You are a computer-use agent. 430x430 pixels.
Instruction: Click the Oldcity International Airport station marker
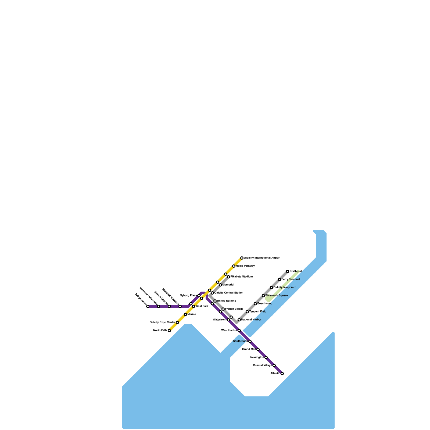(x=242, y=258)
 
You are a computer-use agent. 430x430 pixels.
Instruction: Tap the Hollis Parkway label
(x=245, y=266)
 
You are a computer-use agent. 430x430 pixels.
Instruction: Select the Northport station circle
(x=288, y=271)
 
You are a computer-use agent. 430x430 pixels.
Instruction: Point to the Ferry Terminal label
(x=291, y=279)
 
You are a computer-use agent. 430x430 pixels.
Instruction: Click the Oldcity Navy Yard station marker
(x=271, y=288)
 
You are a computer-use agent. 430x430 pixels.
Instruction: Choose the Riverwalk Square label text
(x=277, y=296)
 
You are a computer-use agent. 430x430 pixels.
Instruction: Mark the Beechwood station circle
(x=255, y=304)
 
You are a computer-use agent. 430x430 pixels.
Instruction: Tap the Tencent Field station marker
(x=247, y=312)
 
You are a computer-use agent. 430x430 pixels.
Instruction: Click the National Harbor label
(x=251, y=320)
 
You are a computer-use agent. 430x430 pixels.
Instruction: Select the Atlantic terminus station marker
(x=282, y=374)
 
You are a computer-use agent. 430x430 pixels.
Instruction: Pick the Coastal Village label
(x=263, y=365)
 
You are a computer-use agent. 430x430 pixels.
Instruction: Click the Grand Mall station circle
(x=258, y=349)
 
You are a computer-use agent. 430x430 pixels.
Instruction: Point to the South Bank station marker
(x=250, y=341)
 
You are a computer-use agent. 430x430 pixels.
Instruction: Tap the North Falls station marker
(x=169, y=331)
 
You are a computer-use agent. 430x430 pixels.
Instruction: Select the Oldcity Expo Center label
(x=162, y=322)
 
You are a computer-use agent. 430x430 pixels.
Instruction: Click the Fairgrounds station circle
(x=148, y=306)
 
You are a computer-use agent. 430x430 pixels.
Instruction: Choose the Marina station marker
(x=185, y=314)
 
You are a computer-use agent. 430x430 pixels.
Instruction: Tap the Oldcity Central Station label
(x=229, y=293)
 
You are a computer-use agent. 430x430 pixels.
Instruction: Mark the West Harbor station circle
(x=239, y=331)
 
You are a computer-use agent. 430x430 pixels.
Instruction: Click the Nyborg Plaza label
(x=188, y=296)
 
